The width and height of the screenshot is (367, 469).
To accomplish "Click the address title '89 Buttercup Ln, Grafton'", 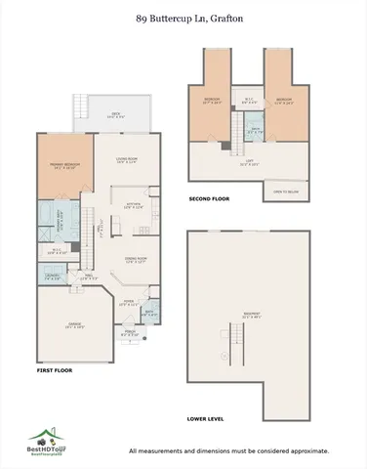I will tap(183, 17).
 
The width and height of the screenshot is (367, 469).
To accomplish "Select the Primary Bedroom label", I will tap(56, 165).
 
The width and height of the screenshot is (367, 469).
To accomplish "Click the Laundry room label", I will tap(52, 277).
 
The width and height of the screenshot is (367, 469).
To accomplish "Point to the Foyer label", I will tap(127, 303).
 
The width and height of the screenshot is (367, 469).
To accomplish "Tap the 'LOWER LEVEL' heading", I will tap(206, 418).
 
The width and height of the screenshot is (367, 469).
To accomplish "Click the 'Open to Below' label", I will tap(285, 192).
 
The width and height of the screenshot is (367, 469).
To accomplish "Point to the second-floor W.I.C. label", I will tap(249, 101).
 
